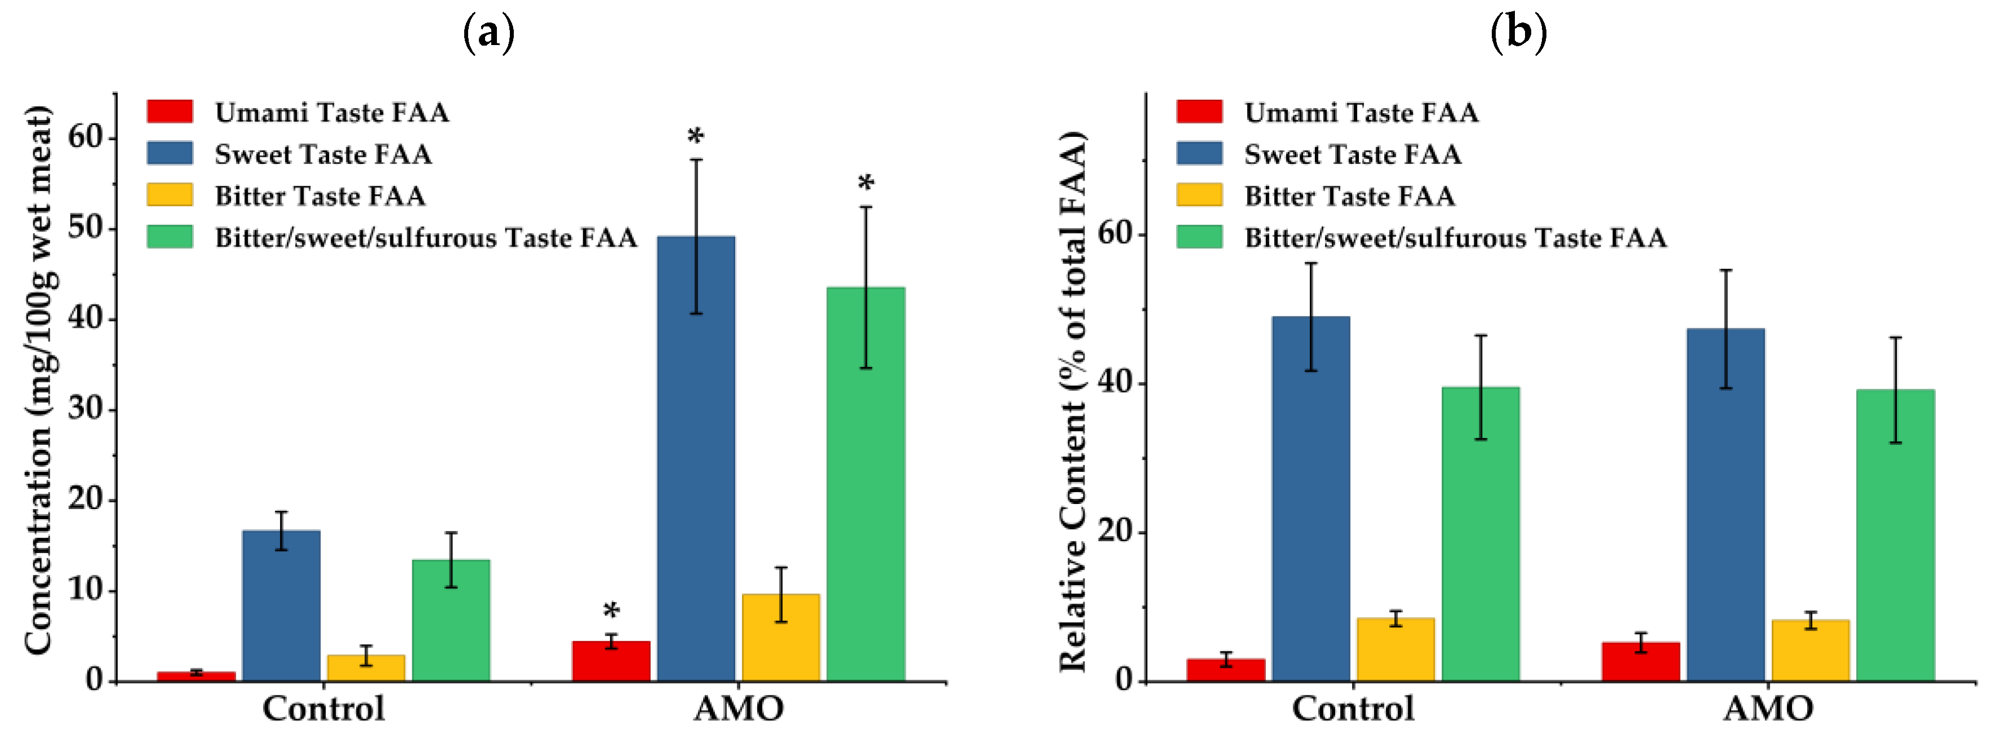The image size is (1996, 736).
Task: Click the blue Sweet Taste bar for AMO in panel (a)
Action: (x=696, y=458)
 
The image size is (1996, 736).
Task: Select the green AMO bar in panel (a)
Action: (x=865, y=484)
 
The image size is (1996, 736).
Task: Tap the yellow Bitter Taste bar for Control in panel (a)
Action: (x=366, y=668)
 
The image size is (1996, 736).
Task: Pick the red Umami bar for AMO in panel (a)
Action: (x=611, y=661)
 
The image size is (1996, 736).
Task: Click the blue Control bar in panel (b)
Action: (x=1311, y=499)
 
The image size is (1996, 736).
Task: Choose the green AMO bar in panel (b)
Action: (x=1895, y=536)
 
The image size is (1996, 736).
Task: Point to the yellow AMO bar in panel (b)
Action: (x=1811, y=651)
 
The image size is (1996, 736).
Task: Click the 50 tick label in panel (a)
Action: (x=85, y=228)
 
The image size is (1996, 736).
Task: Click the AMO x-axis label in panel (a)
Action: (x=739, y=708)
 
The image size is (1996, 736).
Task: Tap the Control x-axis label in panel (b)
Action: (x=1353, y=708)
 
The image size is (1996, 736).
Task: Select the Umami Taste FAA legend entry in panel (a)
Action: (x=299, y=112)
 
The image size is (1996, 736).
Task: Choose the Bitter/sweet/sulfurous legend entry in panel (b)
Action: (x=1421, y=238)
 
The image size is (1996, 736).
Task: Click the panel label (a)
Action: (x=489, y=33)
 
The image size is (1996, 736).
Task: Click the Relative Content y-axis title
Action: (x=1073, y=402)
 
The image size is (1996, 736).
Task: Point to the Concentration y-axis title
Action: (x=39, y=380)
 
